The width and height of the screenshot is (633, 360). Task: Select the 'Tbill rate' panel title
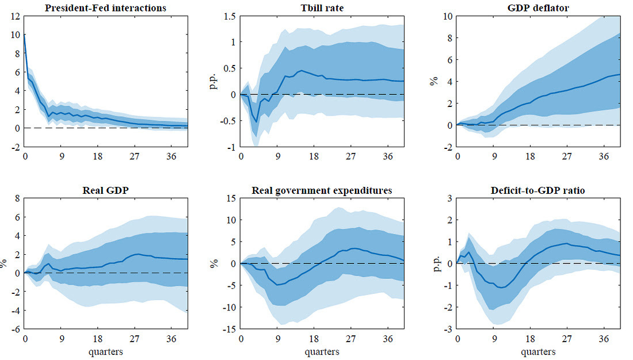(322, 8)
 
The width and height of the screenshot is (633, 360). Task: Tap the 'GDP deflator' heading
(538, 8)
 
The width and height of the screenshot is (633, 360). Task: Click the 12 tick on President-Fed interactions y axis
(15, 16)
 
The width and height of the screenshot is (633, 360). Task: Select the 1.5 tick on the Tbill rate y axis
(230, 16)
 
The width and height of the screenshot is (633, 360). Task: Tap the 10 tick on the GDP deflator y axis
(447, 16)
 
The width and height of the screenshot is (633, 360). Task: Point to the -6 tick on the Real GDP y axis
(15, 330)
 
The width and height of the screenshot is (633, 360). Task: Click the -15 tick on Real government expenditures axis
(228, 330)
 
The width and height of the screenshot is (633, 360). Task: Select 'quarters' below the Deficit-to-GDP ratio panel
(538, 351)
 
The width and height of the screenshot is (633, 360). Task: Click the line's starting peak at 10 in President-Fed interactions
(25, 35)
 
